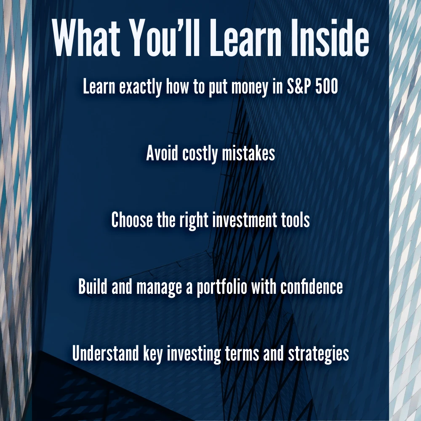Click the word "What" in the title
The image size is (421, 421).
(x=86, y=37)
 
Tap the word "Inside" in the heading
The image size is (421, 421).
(x=330, y=37)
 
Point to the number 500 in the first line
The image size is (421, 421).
(x=327, y=86)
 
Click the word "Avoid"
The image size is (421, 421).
(x=162, y=153)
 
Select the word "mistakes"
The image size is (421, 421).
(x=248, y=153)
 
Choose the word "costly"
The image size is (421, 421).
(x=200, y=154)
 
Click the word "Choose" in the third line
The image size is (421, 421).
(x=132, y=220)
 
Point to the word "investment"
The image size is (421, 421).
(x=244, y=220)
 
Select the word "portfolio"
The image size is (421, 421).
(x=222, y=288)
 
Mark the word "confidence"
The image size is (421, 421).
(x=312, y=286)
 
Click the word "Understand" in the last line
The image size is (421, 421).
(x=105, y=353)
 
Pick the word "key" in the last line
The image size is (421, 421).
(x=153, y=354)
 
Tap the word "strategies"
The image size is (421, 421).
(x=318, y=354)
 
